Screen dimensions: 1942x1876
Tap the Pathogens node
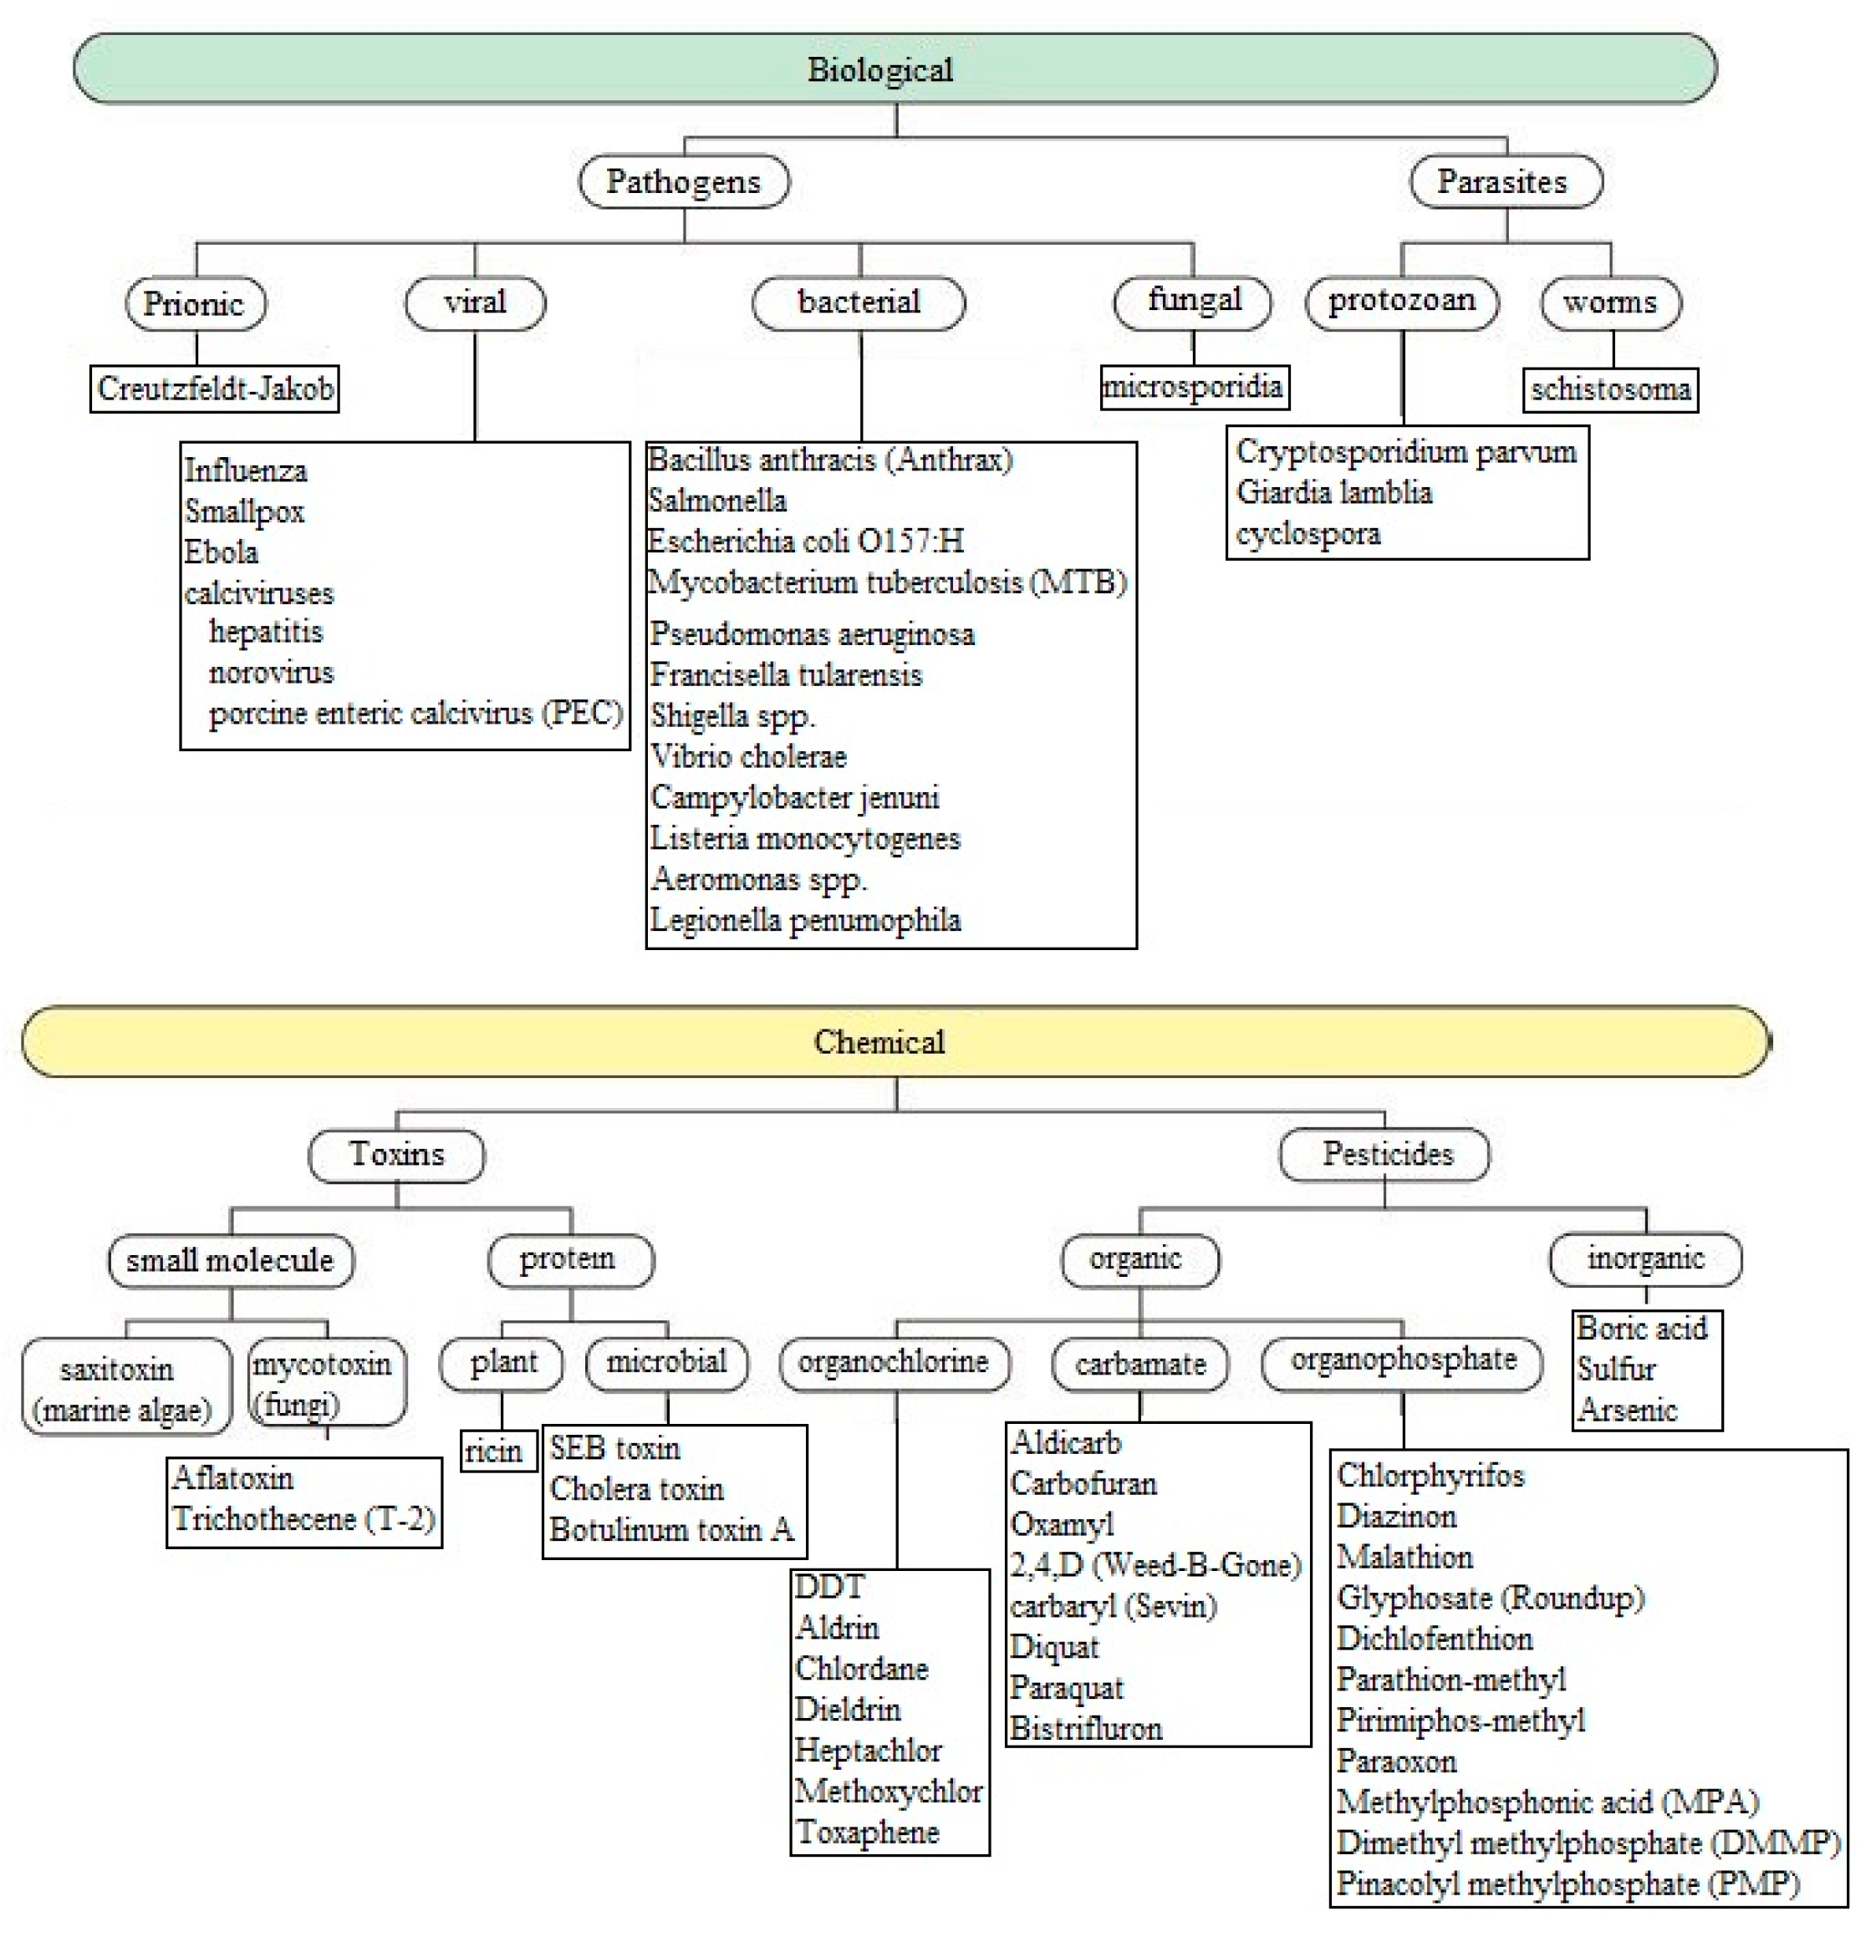click(x=684, y=181)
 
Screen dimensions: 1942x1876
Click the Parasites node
click(x=1504, y=181)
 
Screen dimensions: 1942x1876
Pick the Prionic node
click(x=196, y=303)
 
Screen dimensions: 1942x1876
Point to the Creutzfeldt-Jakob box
click(x=215, y=389)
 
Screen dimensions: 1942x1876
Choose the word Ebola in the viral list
click(x=221, y=552)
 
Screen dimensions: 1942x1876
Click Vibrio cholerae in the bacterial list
click(x=748, y=756)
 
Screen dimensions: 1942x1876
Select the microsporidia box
click(x=1193, y=385)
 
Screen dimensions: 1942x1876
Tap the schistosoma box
click(x=1609, y=389)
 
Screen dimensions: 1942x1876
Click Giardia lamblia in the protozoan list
click(x=1334, y=492)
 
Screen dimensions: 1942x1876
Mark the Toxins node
click(x=396, y=1154)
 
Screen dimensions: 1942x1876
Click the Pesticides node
click(x=1385, y=1154)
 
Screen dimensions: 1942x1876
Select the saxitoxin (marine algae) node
click(x=124, y=1388)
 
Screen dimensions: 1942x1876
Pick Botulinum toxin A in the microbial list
click(x=672, y=1530)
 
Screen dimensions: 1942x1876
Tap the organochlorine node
click(x=893, y=1362)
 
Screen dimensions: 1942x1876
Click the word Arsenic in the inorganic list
click(x=1627, y=1409)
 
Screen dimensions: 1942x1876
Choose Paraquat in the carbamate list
click(x=1067, y=1687)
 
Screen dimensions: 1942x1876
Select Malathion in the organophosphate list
click(x=1404, y=1557)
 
